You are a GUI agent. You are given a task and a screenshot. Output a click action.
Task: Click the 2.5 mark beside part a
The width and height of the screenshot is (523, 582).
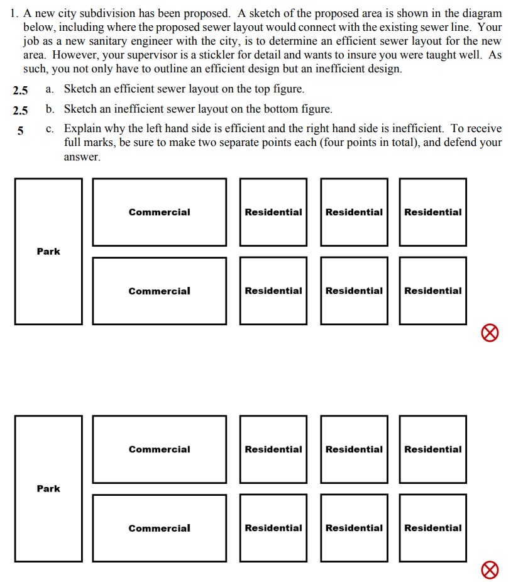pos(20,90)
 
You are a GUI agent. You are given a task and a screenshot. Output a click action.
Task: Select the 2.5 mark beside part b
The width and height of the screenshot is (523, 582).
pos(20,110)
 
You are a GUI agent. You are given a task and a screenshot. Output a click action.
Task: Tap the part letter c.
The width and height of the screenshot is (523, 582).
pos(49,128)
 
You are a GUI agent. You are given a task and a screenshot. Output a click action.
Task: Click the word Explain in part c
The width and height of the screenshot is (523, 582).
pos(80,128)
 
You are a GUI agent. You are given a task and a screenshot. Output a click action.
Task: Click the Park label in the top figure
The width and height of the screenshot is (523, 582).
pos(48,251)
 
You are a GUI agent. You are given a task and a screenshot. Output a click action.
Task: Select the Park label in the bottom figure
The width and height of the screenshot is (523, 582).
pos(48,488)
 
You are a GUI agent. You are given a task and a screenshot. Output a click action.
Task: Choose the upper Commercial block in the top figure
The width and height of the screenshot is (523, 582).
pos(159,212)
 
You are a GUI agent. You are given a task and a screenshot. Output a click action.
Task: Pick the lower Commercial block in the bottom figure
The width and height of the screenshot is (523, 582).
pos(159,528)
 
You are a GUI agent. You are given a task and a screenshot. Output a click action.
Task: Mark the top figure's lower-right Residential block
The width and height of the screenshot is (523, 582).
pos(432,291)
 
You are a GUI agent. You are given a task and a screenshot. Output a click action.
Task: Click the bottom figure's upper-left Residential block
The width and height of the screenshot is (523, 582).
pos(273,449)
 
